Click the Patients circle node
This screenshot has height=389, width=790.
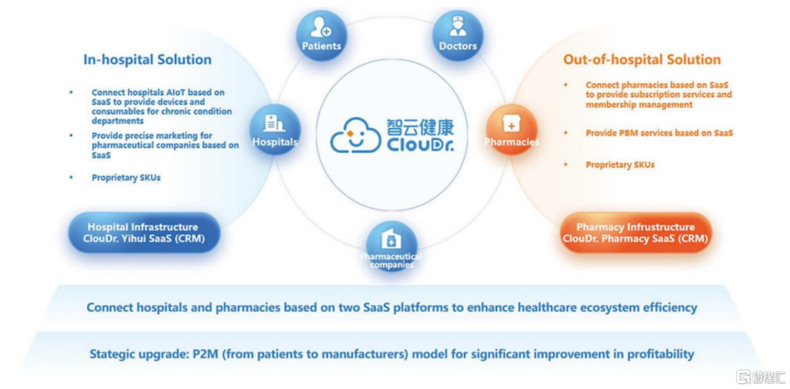point(321,35)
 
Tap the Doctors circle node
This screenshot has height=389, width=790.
point(457,35)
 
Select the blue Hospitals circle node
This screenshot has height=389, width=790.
point(275,129)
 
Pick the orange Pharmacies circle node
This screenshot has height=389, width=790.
point(512,129)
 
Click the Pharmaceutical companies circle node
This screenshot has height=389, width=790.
point(392,246)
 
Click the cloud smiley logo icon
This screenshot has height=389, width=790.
point(355,135)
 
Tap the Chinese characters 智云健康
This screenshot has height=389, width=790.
point(420,126)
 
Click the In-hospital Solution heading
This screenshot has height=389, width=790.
point(147,59)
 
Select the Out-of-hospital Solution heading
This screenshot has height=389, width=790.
point(642,59)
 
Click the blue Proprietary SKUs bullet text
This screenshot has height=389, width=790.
point(126,177)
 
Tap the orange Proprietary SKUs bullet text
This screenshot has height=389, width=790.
point(619,165)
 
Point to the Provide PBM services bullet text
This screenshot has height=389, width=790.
point(659,133)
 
